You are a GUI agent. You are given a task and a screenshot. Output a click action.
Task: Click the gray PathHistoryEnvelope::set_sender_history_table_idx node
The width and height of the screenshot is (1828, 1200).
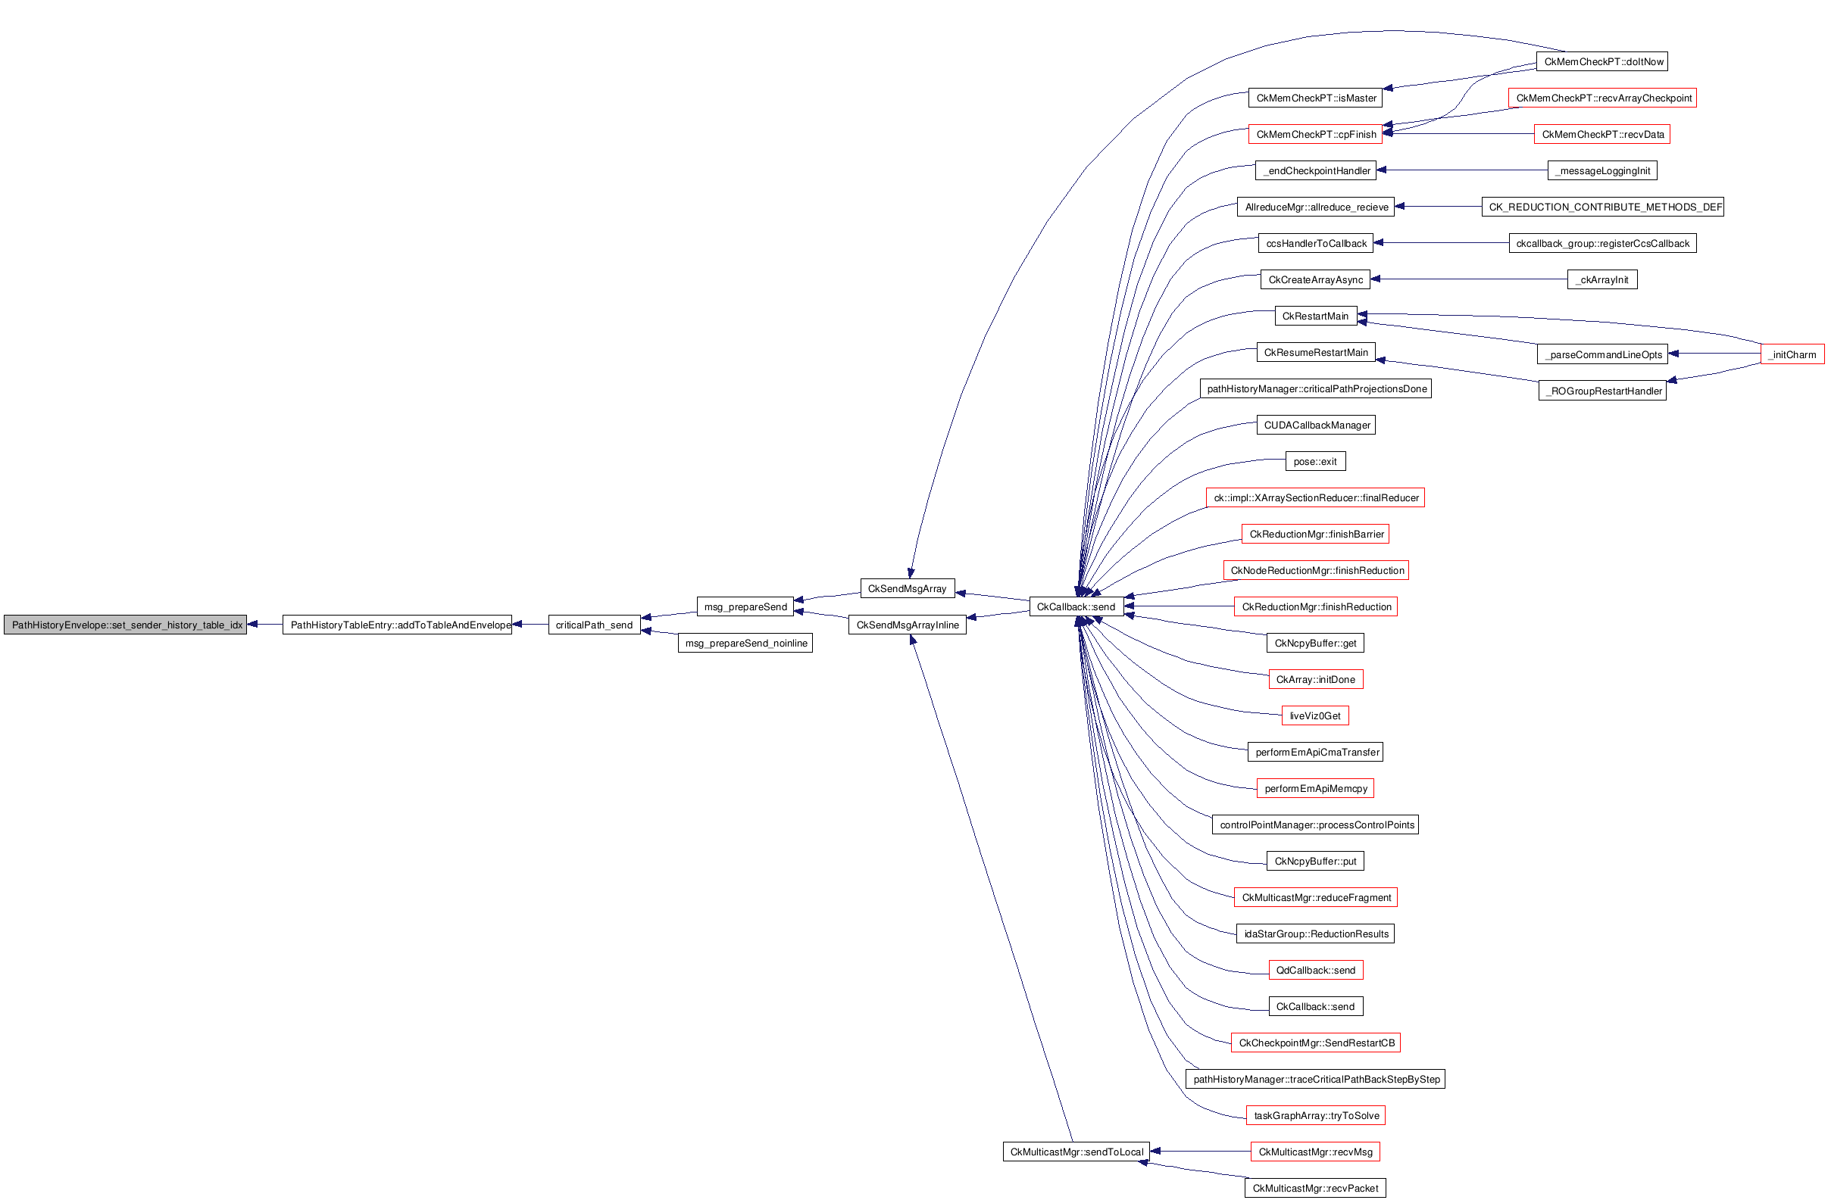tap(125, 625)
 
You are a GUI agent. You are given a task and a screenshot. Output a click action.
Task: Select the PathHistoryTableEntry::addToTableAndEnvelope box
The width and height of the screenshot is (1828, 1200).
tap(397, 625)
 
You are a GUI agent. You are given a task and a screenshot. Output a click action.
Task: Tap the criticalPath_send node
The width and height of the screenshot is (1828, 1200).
tap(595, 625)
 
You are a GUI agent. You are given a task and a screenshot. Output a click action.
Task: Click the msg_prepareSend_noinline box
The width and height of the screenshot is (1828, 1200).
tap(745, 644)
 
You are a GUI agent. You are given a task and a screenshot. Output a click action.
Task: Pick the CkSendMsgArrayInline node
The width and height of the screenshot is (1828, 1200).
tap(907, 625)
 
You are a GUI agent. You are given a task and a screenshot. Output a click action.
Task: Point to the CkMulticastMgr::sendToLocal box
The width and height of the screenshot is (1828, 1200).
tap(1076, 1152)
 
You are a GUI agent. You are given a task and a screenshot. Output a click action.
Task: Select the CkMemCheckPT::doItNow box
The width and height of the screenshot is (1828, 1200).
tap(1602, 61)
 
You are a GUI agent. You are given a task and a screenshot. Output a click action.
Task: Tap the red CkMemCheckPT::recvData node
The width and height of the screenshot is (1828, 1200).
tap(1602, 134)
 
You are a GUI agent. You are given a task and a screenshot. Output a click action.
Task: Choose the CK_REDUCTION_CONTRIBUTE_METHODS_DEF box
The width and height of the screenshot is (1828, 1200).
tap(1603, 207)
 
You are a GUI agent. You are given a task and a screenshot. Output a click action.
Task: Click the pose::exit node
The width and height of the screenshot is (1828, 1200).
tap(1316, 461)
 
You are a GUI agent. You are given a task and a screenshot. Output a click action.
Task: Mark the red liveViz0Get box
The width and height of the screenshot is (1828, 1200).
tap(1316, 715)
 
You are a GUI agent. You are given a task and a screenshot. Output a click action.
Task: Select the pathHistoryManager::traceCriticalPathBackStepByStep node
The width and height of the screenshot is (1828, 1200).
tap(1316, 1080)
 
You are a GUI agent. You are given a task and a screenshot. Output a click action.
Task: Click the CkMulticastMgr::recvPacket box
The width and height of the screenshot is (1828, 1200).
tap(1316, 1189)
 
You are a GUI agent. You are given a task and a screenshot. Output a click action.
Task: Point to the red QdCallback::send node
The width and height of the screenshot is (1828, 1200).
tap(1316, 971)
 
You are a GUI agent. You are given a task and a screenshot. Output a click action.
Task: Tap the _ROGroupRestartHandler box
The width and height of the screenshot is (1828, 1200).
tap(1603, 391)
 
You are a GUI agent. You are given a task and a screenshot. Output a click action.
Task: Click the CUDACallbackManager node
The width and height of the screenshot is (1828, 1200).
tap(1316, 425)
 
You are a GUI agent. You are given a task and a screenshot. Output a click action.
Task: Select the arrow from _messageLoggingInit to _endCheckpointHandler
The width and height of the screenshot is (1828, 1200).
tap(1461, 170)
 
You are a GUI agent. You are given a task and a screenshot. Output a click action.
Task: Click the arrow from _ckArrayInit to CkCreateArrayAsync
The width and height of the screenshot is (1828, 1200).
tap(1469, 279)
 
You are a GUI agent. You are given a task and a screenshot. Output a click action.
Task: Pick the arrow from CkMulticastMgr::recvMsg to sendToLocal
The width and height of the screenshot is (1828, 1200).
tap(1201, 1152)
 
